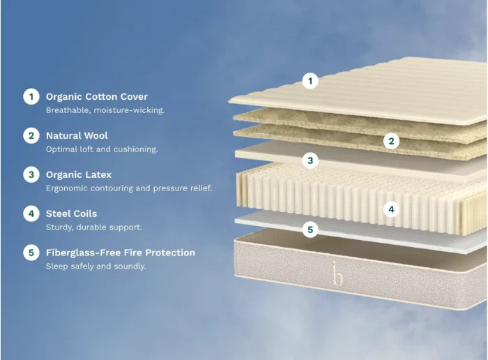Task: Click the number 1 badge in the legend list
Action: pyautogui.click(x=31, y=96)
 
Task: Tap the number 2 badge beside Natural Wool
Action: pyautogui.click(x=31, y=136)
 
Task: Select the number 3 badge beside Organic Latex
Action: pyautogui.click(x=31, y=174)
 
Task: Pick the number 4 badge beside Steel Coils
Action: pyautogui.click(x=31, y=213)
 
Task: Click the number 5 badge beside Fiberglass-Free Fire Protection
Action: pyautogui.click(x=31, y=253)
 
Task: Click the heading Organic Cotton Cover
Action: pyautogui.click(x=97, y=97)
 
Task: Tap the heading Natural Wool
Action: pyautogui.click(x=77, y=136)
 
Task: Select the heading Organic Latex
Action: pyautogui.click(x=79, y=174)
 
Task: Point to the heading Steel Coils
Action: pyautogui.click(x=72, y=213)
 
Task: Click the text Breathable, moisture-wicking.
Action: pyautogui.click(x=105, y=110)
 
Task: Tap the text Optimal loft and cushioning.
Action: pyautogui.click(x=102, y=149)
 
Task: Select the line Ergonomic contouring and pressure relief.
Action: pyautogui.click(x=129, y=188)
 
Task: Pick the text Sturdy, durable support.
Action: pyautogui.click(x=93, y=227)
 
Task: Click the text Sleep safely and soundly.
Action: pyautogui.click(x=96, y=267)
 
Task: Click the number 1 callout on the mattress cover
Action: pyautogui.click(x=310, y=81)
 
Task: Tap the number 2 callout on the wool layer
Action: pyautogui.click(x=392, y=141)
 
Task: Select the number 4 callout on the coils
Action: pyautogui.click(x=392, y=209)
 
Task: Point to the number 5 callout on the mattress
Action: pyautogui.click(x=310, y=230)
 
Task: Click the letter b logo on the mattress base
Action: pyautogui.click(x=337, y=273)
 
